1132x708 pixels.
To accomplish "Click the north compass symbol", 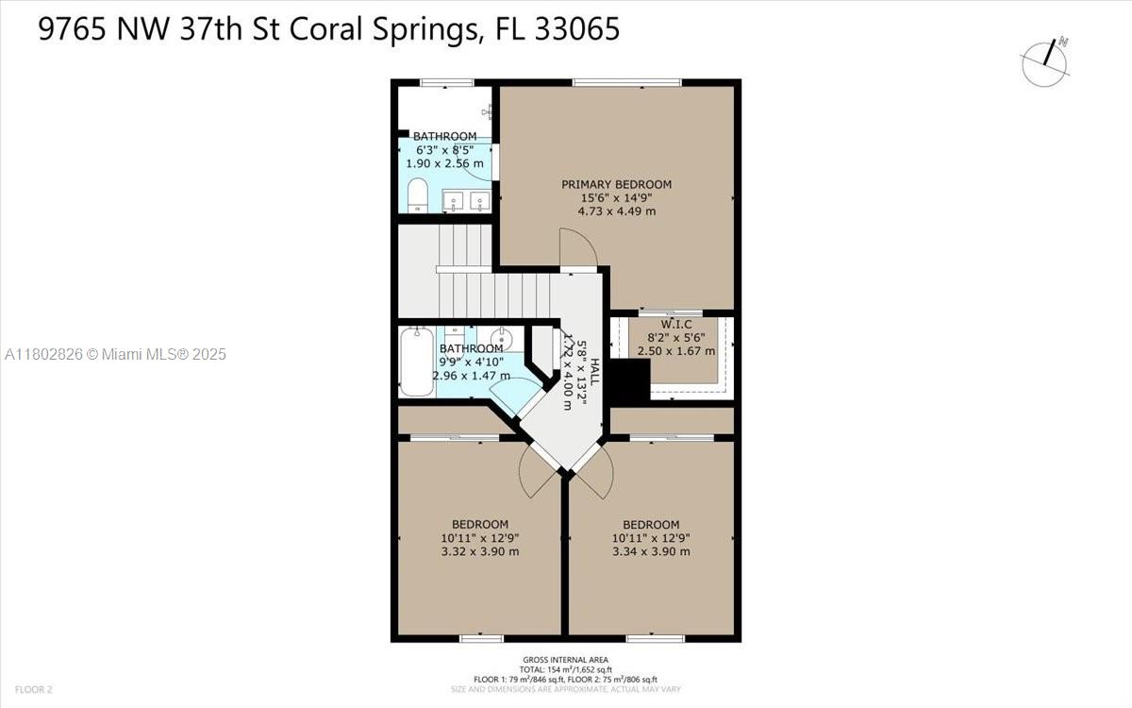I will click(1044, 62).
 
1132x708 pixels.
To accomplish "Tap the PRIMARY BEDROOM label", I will click(617, 184).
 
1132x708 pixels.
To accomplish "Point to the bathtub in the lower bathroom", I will click(416, 361).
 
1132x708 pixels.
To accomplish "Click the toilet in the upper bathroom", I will click(417, 196).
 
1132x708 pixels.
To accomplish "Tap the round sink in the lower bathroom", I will click(502, 340).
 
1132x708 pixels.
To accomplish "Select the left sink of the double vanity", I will click(452, 201).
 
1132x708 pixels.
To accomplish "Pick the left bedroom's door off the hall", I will click(536, 472).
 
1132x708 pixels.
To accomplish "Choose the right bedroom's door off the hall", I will click(596, 472).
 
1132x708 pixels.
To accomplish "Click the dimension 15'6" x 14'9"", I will click(617, 197).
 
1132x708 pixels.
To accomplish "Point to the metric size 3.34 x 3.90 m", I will click(651, 551).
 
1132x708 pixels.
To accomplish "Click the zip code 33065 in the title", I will click(575, 29).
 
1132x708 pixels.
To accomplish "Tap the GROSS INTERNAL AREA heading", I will click(565, 660).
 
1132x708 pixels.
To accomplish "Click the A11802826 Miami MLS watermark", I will click(115, 354).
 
